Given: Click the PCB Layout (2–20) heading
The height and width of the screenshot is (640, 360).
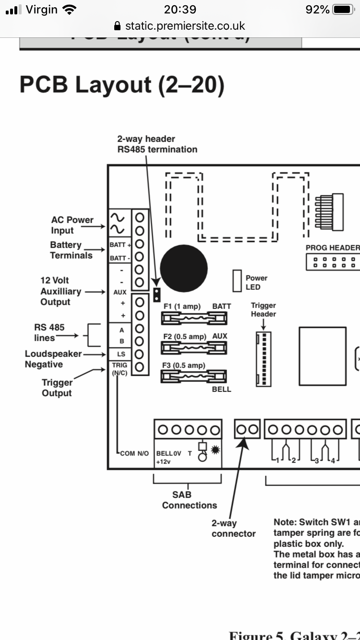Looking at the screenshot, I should [x=122, y=84].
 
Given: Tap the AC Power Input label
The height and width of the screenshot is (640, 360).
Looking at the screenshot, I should [x=72, y=225].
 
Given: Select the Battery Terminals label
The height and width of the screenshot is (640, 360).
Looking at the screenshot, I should [x=71, y=250].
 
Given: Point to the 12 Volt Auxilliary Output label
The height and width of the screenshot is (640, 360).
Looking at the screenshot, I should [x=60, y=291].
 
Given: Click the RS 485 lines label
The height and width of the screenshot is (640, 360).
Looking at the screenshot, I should [x=49, y=332].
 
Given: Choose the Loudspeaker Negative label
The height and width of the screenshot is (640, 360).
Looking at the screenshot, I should [x=53, y=359].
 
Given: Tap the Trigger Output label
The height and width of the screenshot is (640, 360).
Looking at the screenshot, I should [x=57, y=388].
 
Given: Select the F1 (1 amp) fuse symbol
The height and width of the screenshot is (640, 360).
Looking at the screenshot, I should [x=194, y=318].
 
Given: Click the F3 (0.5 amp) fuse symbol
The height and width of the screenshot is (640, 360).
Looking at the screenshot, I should [x=194, y=377].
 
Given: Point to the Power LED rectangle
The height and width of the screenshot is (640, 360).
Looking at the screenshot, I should [x=237, y=281].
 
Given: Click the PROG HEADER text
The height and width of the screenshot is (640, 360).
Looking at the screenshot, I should [x=332, y=248].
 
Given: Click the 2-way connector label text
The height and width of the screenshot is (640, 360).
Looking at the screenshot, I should [x=234, y=529].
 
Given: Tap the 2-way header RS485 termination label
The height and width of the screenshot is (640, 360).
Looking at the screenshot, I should [x=157, y=144].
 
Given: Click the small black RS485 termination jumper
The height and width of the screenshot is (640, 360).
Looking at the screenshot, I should [x=156, y=295].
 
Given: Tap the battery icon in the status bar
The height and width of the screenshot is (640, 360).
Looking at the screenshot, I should [x=343, y=10].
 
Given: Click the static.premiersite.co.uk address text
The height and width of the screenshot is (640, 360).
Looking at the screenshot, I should [x=185, y=26].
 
